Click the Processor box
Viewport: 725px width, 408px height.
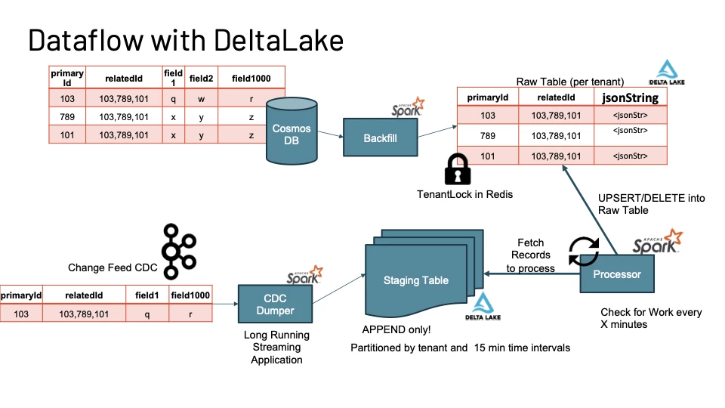(616, 274)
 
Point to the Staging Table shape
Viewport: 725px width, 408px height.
(415, 281)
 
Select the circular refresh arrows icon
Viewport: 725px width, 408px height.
(583, 252)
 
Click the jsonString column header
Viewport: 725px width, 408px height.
(630, 97)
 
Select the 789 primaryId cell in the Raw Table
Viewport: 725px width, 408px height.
(487, 136)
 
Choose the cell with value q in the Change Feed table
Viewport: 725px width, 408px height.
(147, 314)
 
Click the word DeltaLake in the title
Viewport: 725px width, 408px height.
(273, 40)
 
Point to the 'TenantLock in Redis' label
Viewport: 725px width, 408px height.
(464, 194)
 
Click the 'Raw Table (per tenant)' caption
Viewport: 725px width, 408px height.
(569, 81)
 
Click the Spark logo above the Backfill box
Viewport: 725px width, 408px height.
(408, 107)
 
